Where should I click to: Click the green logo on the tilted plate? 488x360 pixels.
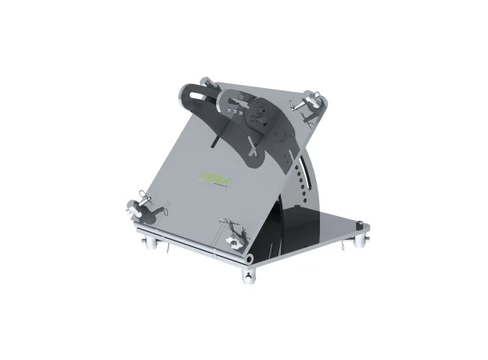214,179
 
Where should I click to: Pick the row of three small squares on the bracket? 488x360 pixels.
236,100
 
